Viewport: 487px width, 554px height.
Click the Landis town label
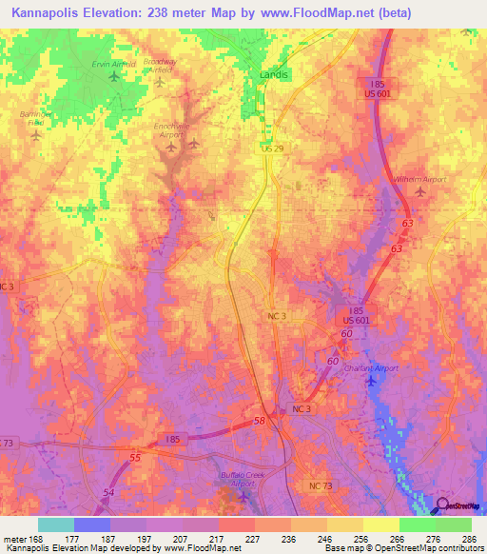pos(275,73)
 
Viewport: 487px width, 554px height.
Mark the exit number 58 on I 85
pos(259,420)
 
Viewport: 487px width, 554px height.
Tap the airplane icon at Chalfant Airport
pos(371,382)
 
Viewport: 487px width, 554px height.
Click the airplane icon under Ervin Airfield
pos(115,78)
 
